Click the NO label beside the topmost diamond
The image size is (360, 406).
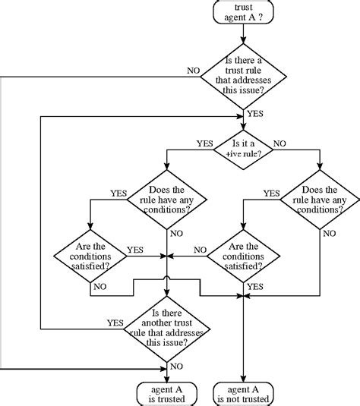click(194, 70)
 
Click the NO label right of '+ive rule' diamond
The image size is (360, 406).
click(279, 142)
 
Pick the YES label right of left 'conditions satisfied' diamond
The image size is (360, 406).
click(135, 249)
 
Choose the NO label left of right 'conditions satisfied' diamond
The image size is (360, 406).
click(200, 249)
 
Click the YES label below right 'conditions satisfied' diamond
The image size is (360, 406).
click(255, 287)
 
